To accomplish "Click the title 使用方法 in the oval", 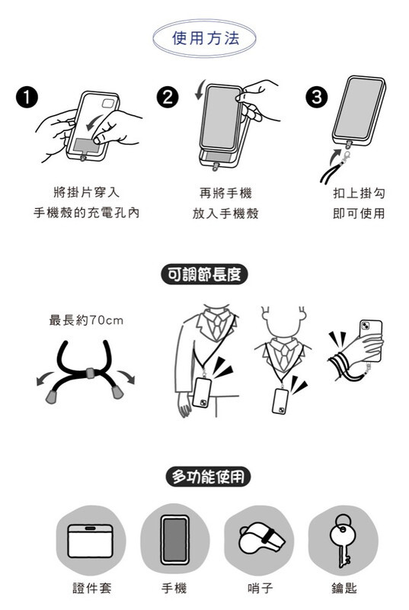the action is (x=206, y=38).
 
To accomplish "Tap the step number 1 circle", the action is (x=27, y=98).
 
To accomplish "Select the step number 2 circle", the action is (x=168, y=98).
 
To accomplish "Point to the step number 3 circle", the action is (x=317, y=98).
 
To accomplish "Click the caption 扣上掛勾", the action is (x=359, y=193).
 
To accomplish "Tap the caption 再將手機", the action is (x=225, y=193).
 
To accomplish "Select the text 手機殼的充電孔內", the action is (x=86, y=213).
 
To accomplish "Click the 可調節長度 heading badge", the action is (x=204, y=274).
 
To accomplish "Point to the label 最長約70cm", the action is (x=86, y=320).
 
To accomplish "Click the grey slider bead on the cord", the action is (x=90, y=373).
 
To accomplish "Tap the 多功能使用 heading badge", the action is (x=208, y=477).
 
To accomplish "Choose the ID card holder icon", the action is (x=91, y=541).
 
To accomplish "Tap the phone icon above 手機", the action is (x=174, y=540).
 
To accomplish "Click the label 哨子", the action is (x=260, y=588).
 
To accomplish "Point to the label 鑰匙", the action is (x=343, y=588).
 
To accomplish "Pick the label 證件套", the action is (x=92, y=588).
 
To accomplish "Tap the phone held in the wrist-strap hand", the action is (x=371, y=339).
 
